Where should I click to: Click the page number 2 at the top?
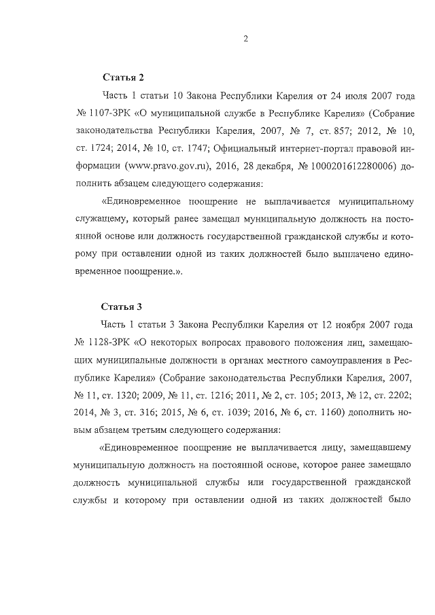pyautogui.click(x=245, y=39)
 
